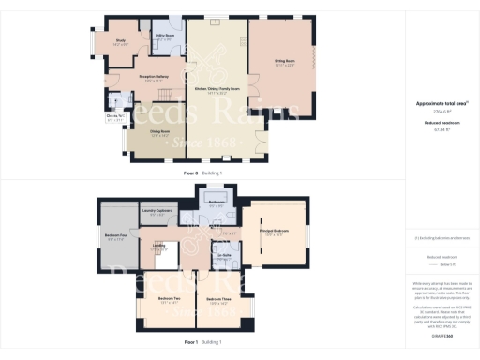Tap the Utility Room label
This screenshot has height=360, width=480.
coord(162,37)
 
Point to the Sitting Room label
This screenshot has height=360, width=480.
coord(285,62)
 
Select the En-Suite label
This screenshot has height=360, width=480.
coord(224,255)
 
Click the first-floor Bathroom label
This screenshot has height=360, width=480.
coord(216,201)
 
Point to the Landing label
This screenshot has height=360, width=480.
coord(159,246)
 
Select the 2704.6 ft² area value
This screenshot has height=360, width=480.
coord(440,112)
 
